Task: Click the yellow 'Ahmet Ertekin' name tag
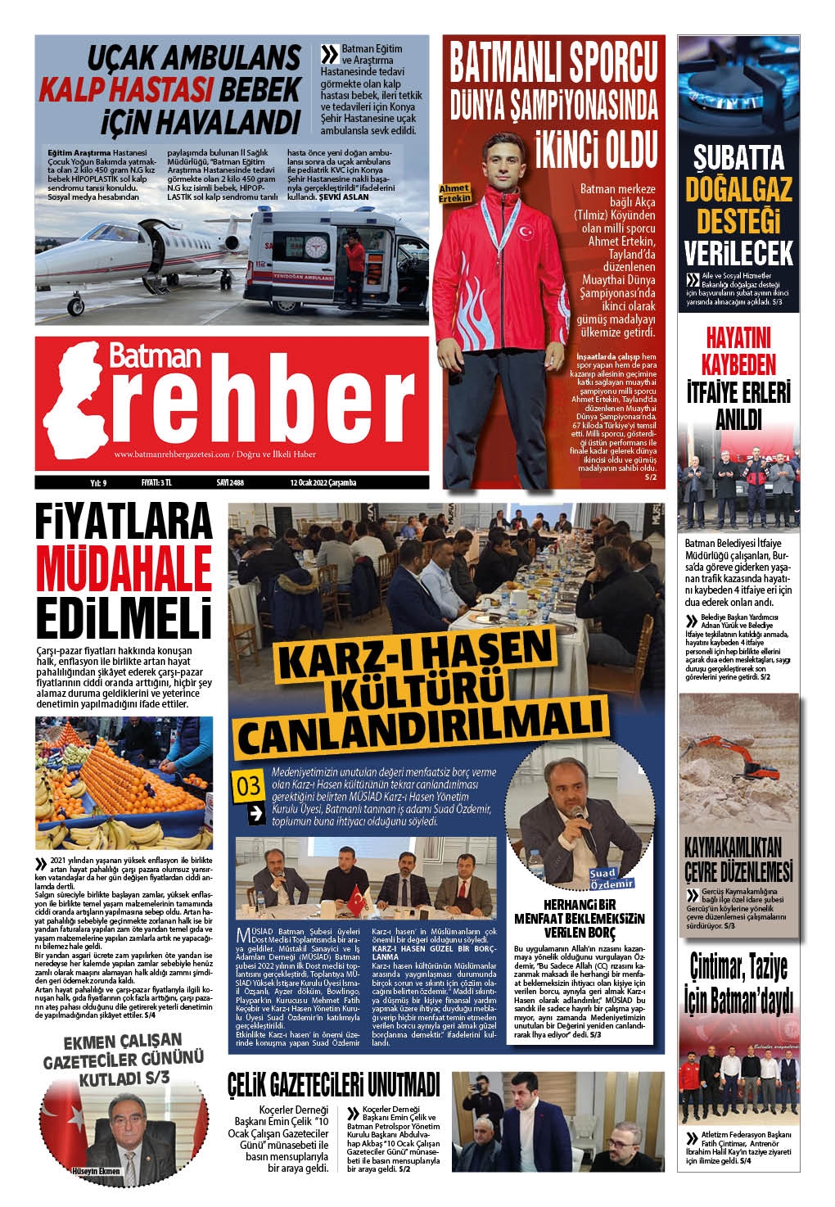(x=455, y=192)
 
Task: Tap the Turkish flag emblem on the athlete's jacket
(x=521, y=233)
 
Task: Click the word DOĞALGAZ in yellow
(x=739, y=191)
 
